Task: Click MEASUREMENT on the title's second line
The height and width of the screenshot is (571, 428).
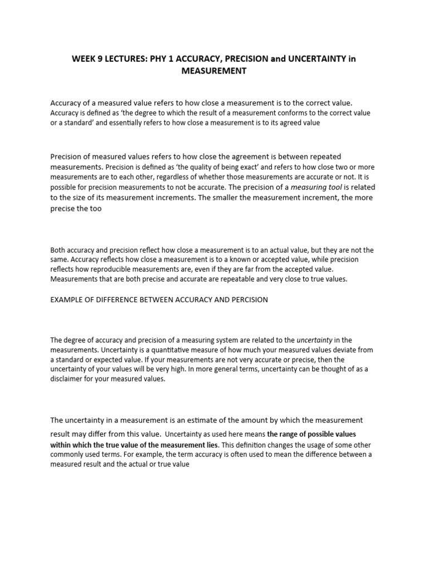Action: (x=213, y=71)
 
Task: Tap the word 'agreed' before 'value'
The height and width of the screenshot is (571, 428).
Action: (x=290, y=123)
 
